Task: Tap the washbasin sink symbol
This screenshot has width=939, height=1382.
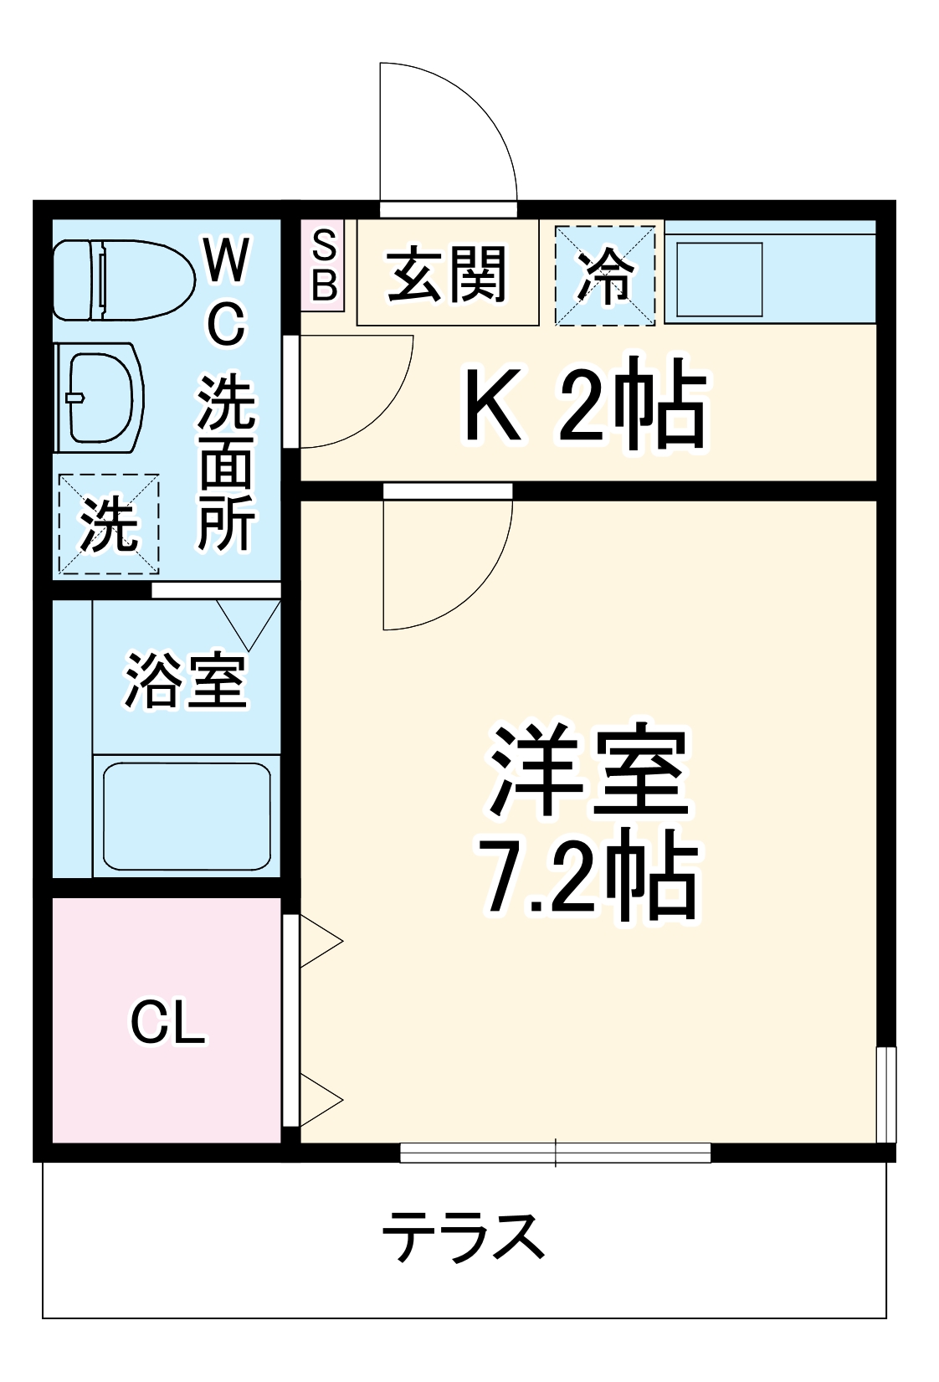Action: click(99, 397)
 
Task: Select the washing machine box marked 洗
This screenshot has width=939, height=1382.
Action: click(109, 524)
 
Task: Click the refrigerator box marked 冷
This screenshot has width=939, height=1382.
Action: click(605, 275)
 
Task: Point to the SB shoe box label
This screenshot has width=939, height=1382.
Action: click(323, 265)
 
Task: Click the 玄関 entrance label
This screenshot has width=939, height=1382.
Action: click(447, 274)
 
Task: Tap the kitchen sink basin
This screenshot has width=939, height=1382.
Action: click(720, 280)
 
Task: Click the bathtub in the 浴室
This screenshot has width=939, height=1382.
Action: click(187, 816)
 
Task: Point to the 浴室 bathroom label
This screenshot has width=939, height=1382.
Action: click(186, 680)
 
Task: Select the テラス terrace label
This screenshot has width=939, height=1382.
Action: click(463, 1236)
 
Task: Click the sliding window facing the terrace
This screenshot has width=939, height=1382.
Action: click(556, 1153)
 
